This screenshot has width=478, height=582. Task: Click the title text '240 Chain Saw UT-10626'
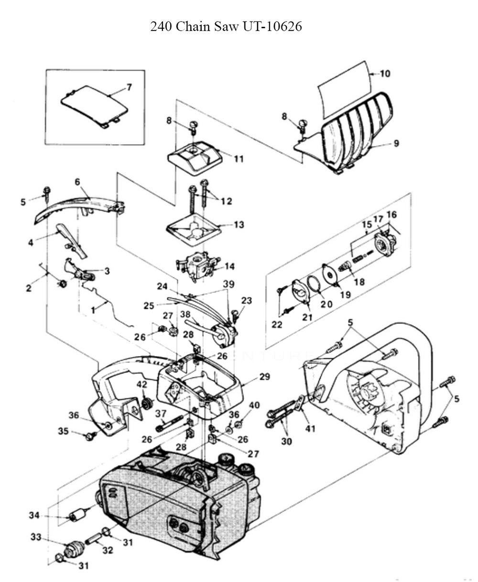pos(226,26)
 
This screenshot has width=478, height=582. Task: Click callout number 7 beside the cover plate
pos(129,87)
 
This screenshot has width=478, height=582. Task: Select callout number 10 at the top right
pos(385,74)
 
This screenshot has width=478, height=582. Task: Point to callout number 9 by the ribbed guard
pos(396,143)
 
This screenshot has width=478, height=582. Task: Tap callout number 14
pos(229,266)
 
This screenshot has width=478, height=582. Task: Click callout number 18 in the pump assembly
pos(358,282)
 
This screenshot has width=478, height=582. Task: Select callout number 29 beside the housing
pos(265,377)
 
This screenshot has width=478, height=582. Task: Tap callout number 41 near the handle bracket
pos(311,429)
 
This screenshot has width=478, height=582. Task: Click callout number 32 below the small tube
pos(107,550)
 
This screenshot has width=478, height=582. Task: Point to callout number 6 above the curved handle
pos(77,181)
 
